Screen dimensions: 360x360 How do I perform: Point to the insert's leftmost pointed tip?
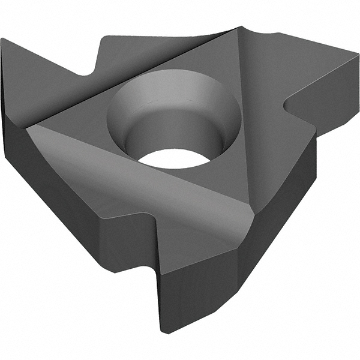[3, 41]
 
